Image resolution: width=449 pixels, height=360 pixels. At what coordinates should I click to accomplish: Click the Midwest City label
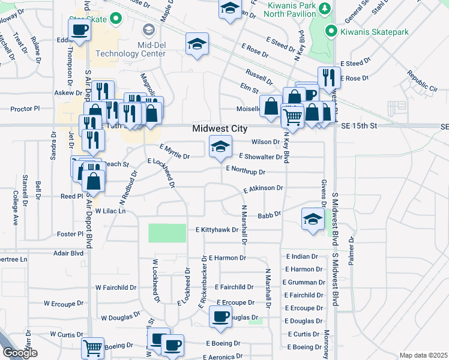pyautogui.click(x=219, y=129)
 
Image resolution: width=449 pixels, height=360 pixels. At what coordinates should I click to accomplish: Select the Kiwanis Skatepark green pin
pyautogui.click(x=329, y=31)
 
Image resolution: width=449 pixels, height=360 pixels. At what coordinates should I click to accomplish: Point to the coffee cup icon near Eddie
pyautogui.click(x=79, y=29)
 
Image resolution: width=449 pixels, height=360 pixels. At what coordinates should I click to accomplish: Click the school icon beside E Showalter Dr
pyautogui.click(x=220, y=146)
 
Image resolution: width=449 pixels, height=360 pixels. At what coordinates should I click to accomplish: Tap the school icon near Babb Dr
pyautogui.click(x=313, y=219)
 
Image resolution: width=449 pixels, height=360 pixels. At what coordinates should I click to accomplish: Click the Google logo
pyautogui.click(x=19, y=353)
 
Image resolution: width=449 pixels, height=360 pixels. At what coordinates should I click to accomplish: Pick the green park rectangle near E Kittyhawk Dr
pyautogui.click(x=167, y=232)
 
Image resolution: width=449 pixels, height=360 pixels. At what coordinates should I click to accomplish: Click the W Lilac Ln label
pyautogui.click(x=108, y=211)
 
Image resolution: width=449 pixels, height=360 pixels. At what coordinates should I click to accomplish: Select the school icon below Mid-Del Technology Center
pyautogui.click(x=197, y=46)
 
